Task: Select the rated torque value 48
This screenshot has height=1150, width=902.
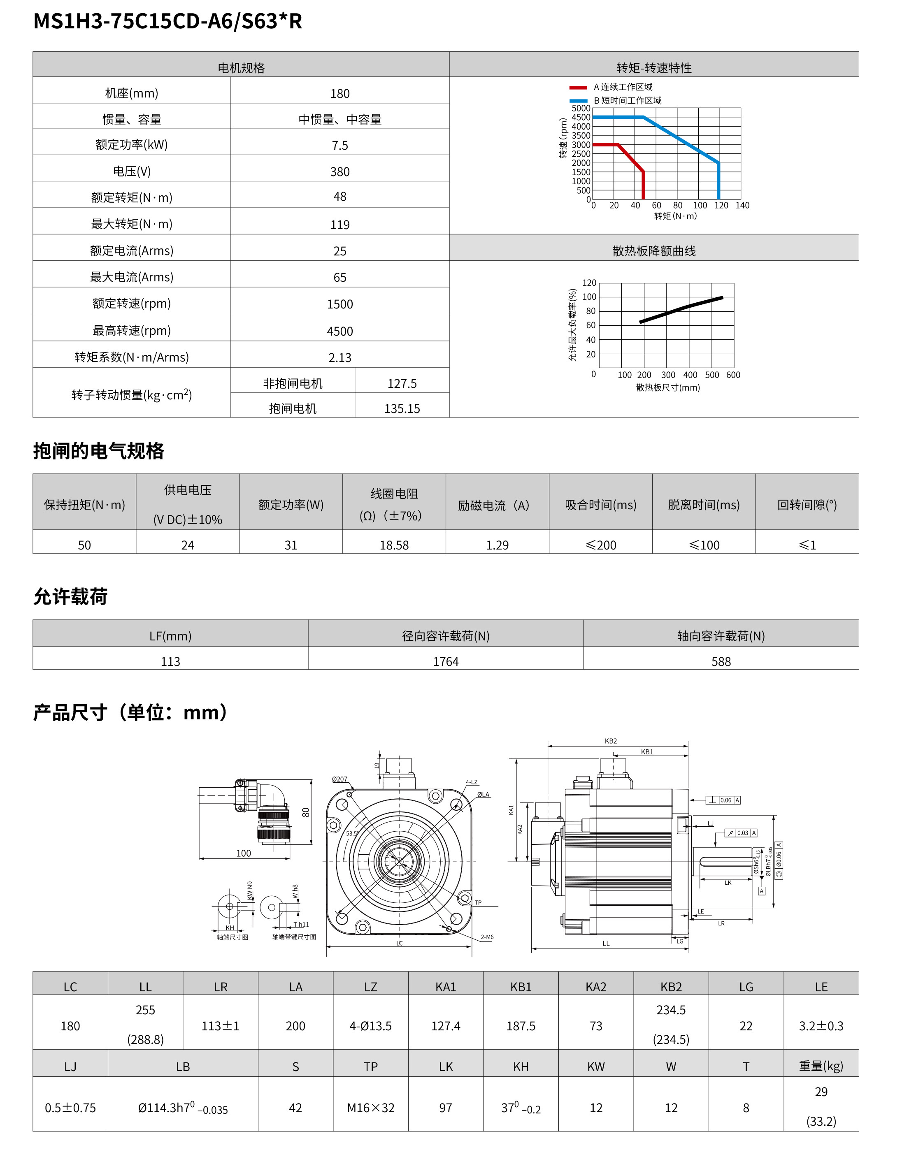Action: click(x=339, y=197)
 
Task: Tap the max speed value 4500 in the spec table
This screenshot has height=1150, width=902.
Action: click(x=339, y=332)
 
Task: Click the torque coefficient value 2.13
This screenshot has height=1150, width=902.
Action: click(x=339, y=358)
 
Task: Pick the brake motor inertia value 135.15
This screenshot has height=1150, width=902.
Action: click(x=402, y=409)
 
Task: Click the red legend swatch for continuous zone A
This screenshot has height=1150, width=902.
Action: click(x=578, y=88)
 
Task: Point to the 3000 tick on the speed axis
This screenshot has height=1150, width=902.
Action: click(x=581, y=145)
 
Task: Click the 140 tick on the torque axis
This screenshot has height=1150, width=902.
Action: click(x=742, y=205)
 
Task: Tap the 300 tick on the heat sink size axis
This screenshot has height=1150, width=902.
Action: click(x=668, y=375)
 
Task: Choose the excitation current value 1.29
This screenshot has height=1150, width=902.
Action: click(x=497, y=545)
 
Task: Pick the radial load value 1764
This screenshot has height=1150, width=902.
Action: click(x=446, y=662)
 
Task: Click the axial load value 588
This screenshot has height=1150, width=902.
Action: click(x=721, y=662)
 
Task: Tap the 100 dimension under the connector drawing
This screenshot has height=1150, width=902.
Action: click(x=244, y=853)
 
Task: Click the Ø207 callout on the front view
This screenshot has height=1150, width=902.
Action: click(x=339, y=779)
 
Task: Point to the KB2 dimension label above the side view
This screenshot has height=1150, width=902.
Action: click(x=611, y=741)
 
